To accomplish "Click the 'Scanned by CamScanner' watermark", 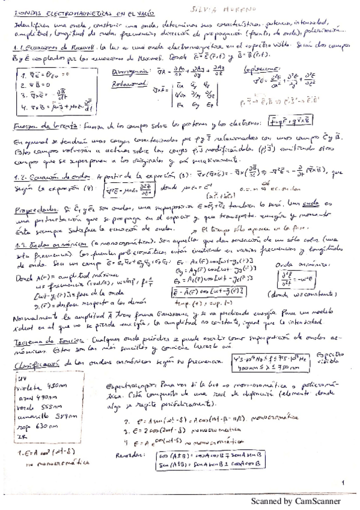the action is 296,500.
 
